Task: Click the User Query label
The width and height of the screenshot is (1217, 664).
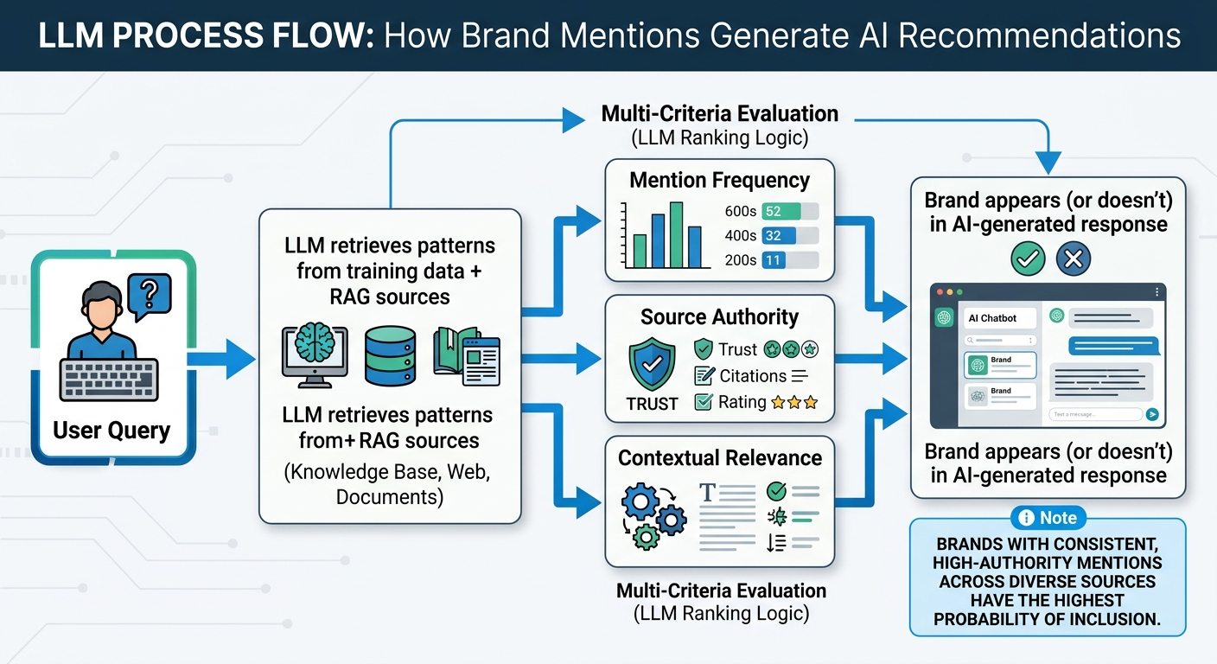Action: [112, 430]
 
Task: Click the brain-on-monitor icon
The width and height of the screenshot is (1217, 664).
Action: [315, 354]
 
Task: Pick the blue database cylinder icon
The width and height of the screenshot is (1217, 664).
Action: [390, 354]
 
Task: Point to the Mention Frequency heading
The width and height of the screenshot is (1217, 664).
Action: [719, 180]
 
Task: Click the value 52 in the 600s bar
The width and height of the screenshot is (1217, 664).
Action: [774, 212]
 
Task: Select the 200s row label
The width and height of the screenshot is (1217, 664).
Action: [741, 259]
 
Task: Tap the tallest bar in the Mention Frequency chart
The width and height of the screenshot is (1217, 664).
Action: [677, 234]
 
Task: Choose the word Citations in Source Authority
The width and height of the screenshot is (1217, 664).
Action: [752, 376]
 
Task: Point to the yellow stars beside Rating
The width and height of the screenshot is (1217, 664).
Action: [794, 402]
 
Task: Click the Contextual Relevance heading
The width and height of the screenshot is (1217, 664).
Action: [720, 458]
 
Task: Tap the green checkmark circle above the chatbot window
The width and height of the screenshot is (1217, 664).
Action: [1028, 258]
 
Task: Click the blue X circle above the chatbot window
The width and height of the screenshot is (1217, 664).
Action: [1073, 258]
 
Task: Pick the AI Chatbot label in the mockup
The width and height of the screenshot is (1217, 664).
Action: [992, 318]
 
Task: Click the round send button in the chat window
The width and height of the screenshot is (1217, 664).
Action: [1151, 414]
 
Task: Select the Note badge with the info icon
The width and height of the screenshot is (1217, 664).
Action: [1048, 518]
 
